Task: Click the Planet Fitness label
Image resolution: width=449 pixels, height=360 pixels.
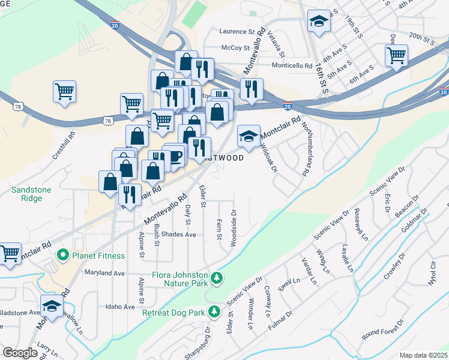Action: point(98,256)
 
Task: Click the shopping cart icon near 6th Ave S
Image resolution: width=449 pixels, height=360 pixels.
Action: point(396,56)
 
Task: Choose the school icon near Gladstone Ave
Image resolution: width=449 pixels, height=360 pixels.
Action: point(52,306)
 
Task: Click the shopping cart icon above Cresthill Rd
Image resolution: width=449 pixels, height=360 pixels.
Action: point(64,92)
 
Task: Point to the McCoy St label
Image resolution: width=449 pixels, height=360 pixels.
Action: point(235,47)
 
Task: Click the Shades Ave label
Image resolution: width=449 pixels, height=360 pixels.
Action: point(179,235)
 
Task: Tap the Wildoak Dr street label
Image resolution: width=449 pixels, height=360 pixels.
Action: point(268,157)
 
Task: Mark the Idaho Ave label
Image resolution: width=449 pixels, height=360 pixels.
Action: point(120,307)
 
